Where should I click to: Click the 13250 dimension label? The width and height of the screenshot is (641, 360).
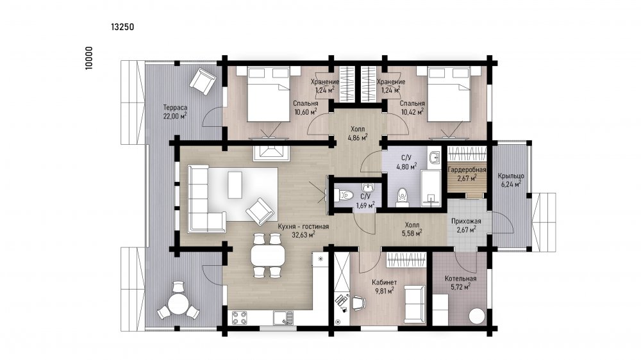[x=122, y=27]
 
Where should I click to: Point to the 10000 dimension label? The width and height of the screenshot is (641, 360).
[x=89, y=58]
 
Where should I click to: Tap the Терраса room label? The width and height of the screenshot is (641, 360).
[x=175, y=108]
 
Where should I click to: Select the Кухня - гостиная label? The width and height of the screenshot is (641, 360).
[x=303, y=226]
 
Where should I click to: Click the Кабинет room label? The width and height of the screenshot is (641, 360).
[x=384, y=282]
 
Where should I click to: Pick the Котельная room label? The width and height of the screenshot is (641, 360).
[x=460, y=279]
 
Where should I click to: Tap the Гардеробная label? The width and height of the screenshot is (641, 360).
[x=467, y=170]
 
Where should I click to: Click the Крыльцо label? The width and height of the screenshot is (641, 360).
[x=511, y=176]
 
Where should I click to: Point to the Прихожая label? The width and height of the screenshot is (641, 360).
[x=466, y=221]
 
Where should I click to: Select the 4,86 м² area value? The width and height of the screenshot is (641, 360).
[x=357, y=137]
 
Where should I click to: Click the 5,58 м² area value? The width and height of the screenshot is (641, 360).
[x=412, y=233]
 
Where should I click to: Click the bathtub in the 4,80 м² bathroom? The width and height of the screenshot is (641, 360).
[x=431, y=188]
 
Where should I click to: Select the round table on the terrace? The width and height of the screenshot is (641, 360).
[x=178, y=304]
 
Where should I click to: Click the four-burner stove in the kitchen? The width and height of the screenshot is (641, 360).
[x=239, y=318]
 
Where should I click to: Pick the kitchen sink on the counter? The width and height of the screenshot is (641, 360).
[x=283, y=318]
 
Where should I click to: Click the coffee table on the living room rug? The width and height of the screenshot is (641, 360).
[x=235, y=185]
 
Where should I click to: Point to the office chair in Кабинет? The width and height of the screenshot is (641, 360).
[x=358, y=303]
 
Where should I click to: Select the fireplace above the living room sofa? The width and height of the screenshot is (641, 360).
[x=271, y=153]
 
